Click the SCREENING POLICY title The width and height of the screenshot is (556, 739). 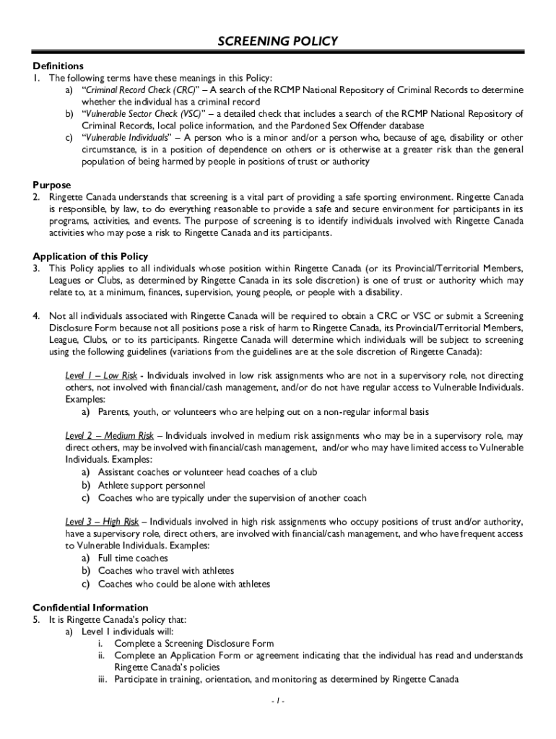point(277,41)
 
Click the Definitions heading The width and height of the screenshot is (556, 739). point(58,66)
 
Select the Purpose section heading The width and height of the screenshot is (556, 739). point(53,185)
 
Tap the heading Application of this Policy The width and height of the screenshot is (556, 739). point(90,255)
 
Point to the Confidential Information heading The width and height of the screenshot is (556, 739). point(90,608)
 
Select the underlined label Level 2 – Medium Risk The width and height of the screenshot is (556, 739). point(109,436)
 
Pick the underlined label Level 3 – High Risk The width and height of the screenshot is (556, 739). point(102,522)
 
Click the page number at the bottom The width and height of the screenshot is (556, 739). point(277,701)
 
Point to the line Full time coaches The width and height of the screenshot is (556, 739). point(133,558)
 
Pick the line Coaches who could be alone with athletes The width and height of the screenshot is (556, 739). point(184,584)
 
